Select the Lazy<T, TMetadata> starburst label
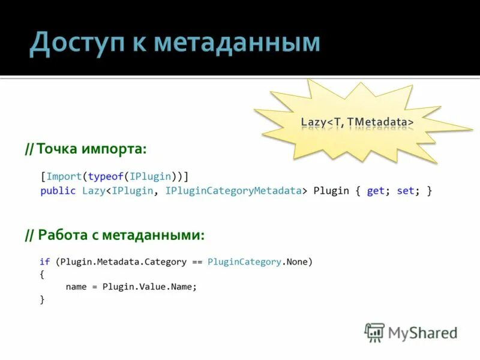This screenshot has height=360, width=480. pos(357,122)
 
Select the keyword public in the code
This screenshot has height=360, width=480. pos(58,191)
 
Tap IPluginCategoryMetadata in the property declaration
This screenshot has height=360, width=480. pos(233,191)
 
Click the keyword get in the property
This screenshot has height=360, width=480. pos(375,191)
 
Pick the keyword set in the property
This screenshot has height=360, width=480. pos(405,191)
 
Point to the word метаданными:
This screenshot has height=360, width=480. pos(153,235)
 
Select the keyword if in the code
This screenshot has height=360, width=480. pos(45,262)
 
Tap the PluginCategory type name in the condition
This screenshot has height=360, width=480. pos(244,262)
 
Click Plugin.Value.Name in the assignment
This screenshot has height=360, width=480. pos(149,287)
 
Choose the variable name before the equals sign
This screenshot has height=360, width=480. pos(76,287)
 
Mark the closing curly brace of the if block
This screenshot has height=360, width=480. pos(42,299)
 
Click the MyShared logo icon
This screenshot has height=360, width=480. pos(374,332)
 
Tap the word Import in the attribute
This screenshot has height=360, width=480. pos(64,176)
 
